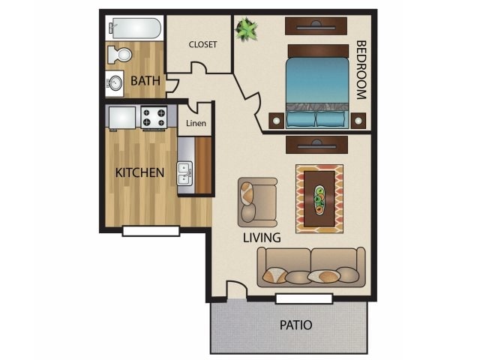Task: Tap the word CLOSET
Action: pyautogui.click(x=202, y=45)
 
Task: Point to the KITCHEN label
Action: pyautogui.click(x=139, y=172)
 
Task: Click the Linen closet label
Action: pyautogui.click(x=195, y=123)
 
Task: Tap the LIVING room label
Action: pyautogui.click(x=262, y=238)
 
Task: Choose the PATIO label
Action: pyautogui.click(x=295, y=325)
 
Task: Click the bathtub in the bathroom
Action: pyautogui.click(x=133, y=29)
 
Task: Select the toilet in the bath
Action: pyautogui.click(x=120, y=55)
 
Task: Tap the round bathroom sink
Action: pyautogui.click(x=115, y=82)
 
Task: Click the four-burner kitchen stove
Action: pyautogui.click(x=156, y=116)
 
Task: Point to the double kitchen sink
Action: pyautogui.click(x=184, y=174)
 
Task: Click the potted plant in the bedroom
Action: pyautogui.click(x=245, y=30)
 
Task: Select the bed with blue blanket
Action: pyautogui.click(x=317, y=88)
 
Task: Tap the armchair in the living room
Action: pyautogui.click(x=255, y=200)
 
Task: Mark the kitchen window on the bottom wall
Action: pyautogui.click(x=151, y=231)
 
